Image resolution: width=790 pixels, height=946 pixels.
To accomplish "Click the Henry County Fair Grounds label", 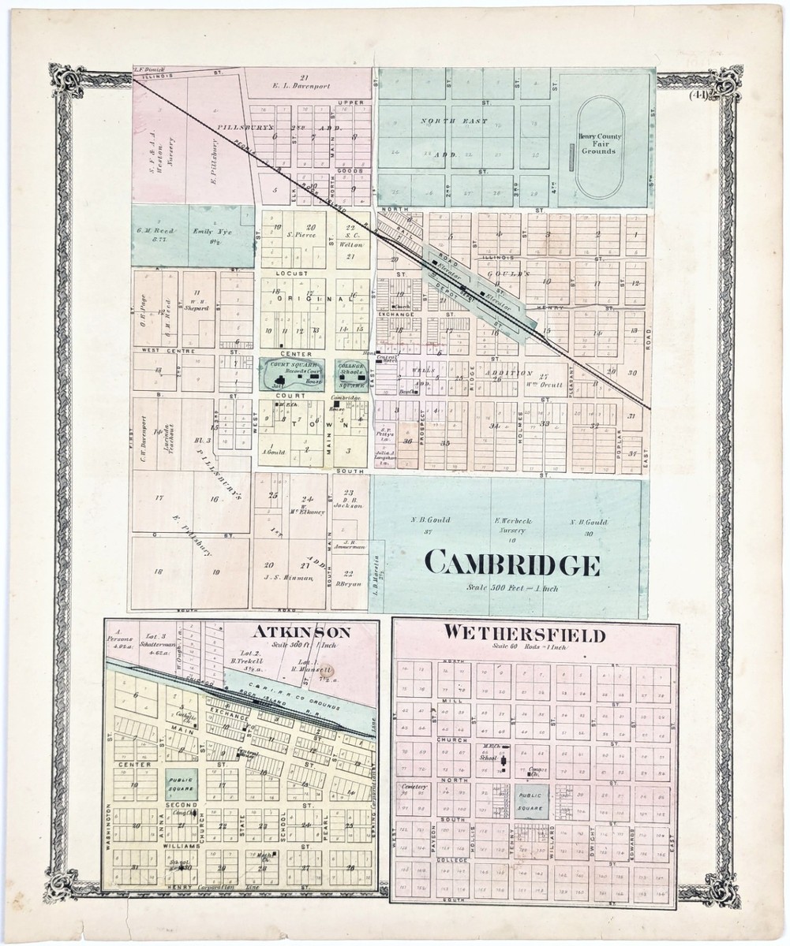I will (600, 143).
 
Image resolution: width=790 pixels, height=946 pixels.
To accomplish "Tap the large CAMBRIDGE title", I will (512, 564).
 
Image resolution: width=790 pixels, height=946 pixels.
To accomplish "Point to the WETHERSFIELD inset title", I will (524, 634).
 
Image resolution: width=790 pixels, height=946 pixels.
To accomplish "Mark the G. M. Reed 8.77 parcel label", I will (160, 234).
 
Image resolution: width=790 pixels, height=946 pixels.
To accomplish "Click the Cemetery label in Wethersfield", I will (414, 787).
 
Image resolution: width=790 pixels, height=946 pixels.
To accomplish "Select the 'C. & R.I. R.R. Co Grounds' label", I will (294, 691).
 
